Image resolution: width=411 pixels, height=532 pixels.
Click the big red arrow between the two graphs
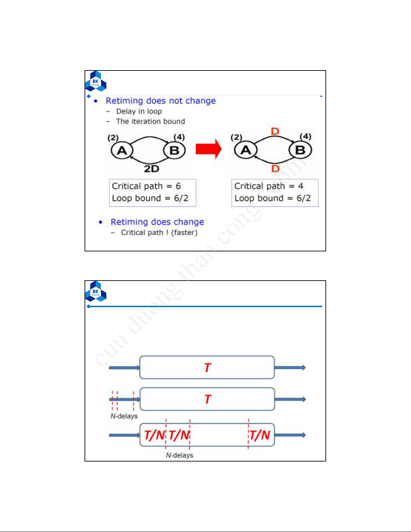(x=208, y=149)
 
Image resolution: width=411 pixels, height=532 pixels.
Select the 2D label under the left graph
(x=151, y=169)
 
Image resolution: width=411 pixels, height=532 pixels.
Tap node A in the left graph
(x=122, y=150)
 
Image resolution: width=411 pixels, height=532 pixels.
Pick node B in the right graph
(x=300, y=150)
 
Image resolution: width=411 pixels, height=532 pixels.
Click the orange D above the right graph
(x=275, y=132)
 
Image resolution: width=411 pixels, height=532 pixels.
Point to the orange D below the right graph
(x=275, y=168)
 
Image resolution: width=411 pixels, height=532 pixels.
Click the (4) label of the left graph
(x=179, y=137)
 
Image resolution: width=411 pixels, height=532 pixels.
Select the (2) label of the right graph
(x=236, y=137)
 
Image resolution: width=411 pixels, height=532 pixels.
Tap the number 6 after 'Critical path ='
(x=178, y=186)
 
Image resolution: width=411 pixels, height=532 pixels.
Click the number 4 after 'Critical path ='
(x=301, y=186)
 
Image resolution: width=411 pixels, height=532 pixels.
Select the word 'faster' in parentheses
(x=184, y=233)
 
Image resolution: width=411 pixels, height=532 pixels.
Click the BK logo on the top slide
(x=96, y=81)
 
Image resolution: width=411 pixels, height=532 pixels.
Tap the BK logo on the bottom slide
(x=96, y=291)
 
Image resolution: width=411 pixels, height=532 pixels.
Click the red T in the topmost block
(x=207, y=368)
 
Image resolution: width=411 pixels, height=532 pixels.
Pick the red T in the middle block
(x=208, y=399)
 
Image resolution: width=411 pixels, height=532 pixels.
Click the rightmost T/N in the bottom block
(x=260, y=435)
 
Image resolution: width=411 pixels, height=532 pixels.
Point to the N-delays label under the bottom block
(x=179, y=455)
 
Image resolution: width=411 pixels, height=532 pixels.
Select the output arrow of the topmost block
(x=290, y=368)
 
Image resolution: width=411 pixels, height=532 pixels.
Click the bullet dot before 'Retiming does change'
(x=100, y=222)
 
